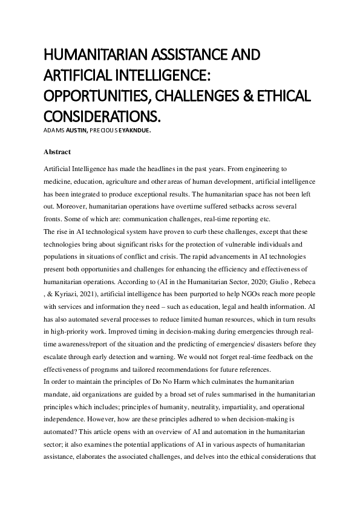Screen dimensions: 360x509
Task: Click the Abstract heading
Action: (x=58, y=152)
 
